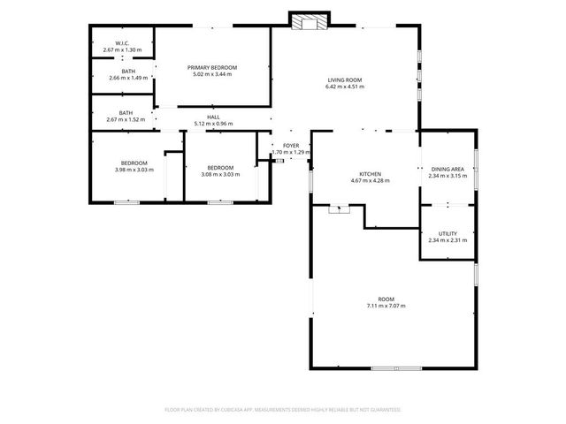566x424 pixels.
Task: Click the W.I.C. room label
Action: pos(122,43)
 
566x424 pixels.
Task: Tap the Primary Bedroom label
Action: pos(212,67)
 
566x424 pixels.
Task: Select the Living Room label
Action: pos(344,80)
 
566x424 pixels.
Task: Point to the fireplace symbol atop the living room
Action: pos(309,22)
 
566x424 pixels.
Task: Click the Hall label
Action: pos(213,117)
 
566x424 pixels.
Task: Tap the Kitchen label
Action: pos(370,174)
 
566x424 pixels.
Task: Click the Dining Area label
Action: pos(447,169)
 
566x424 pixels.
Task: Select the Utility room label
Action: pos(447,233)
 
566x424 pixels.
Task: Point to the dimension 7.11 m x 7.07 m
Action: pos(385,306)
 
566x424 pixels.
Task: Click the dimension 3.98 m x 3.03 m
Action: pos(134,170)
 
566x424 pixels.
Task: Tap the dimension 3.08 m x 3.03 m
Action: pos(220,174)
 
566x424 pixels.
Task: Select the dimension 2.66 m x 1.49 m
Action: pos(128,78)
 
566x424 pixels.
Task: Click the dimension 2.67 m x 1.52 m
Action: pos(126,119)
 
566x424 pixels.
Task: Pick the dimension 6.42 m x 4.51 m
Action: pos(344,87)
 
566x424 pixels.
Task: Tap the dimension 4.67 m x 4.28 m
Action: pos(370,180)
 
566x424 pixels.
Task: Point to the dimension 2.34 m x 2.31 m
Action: pos(447,240)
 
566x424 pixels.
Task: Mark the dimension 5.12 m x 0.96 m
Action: pos(213,123)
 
